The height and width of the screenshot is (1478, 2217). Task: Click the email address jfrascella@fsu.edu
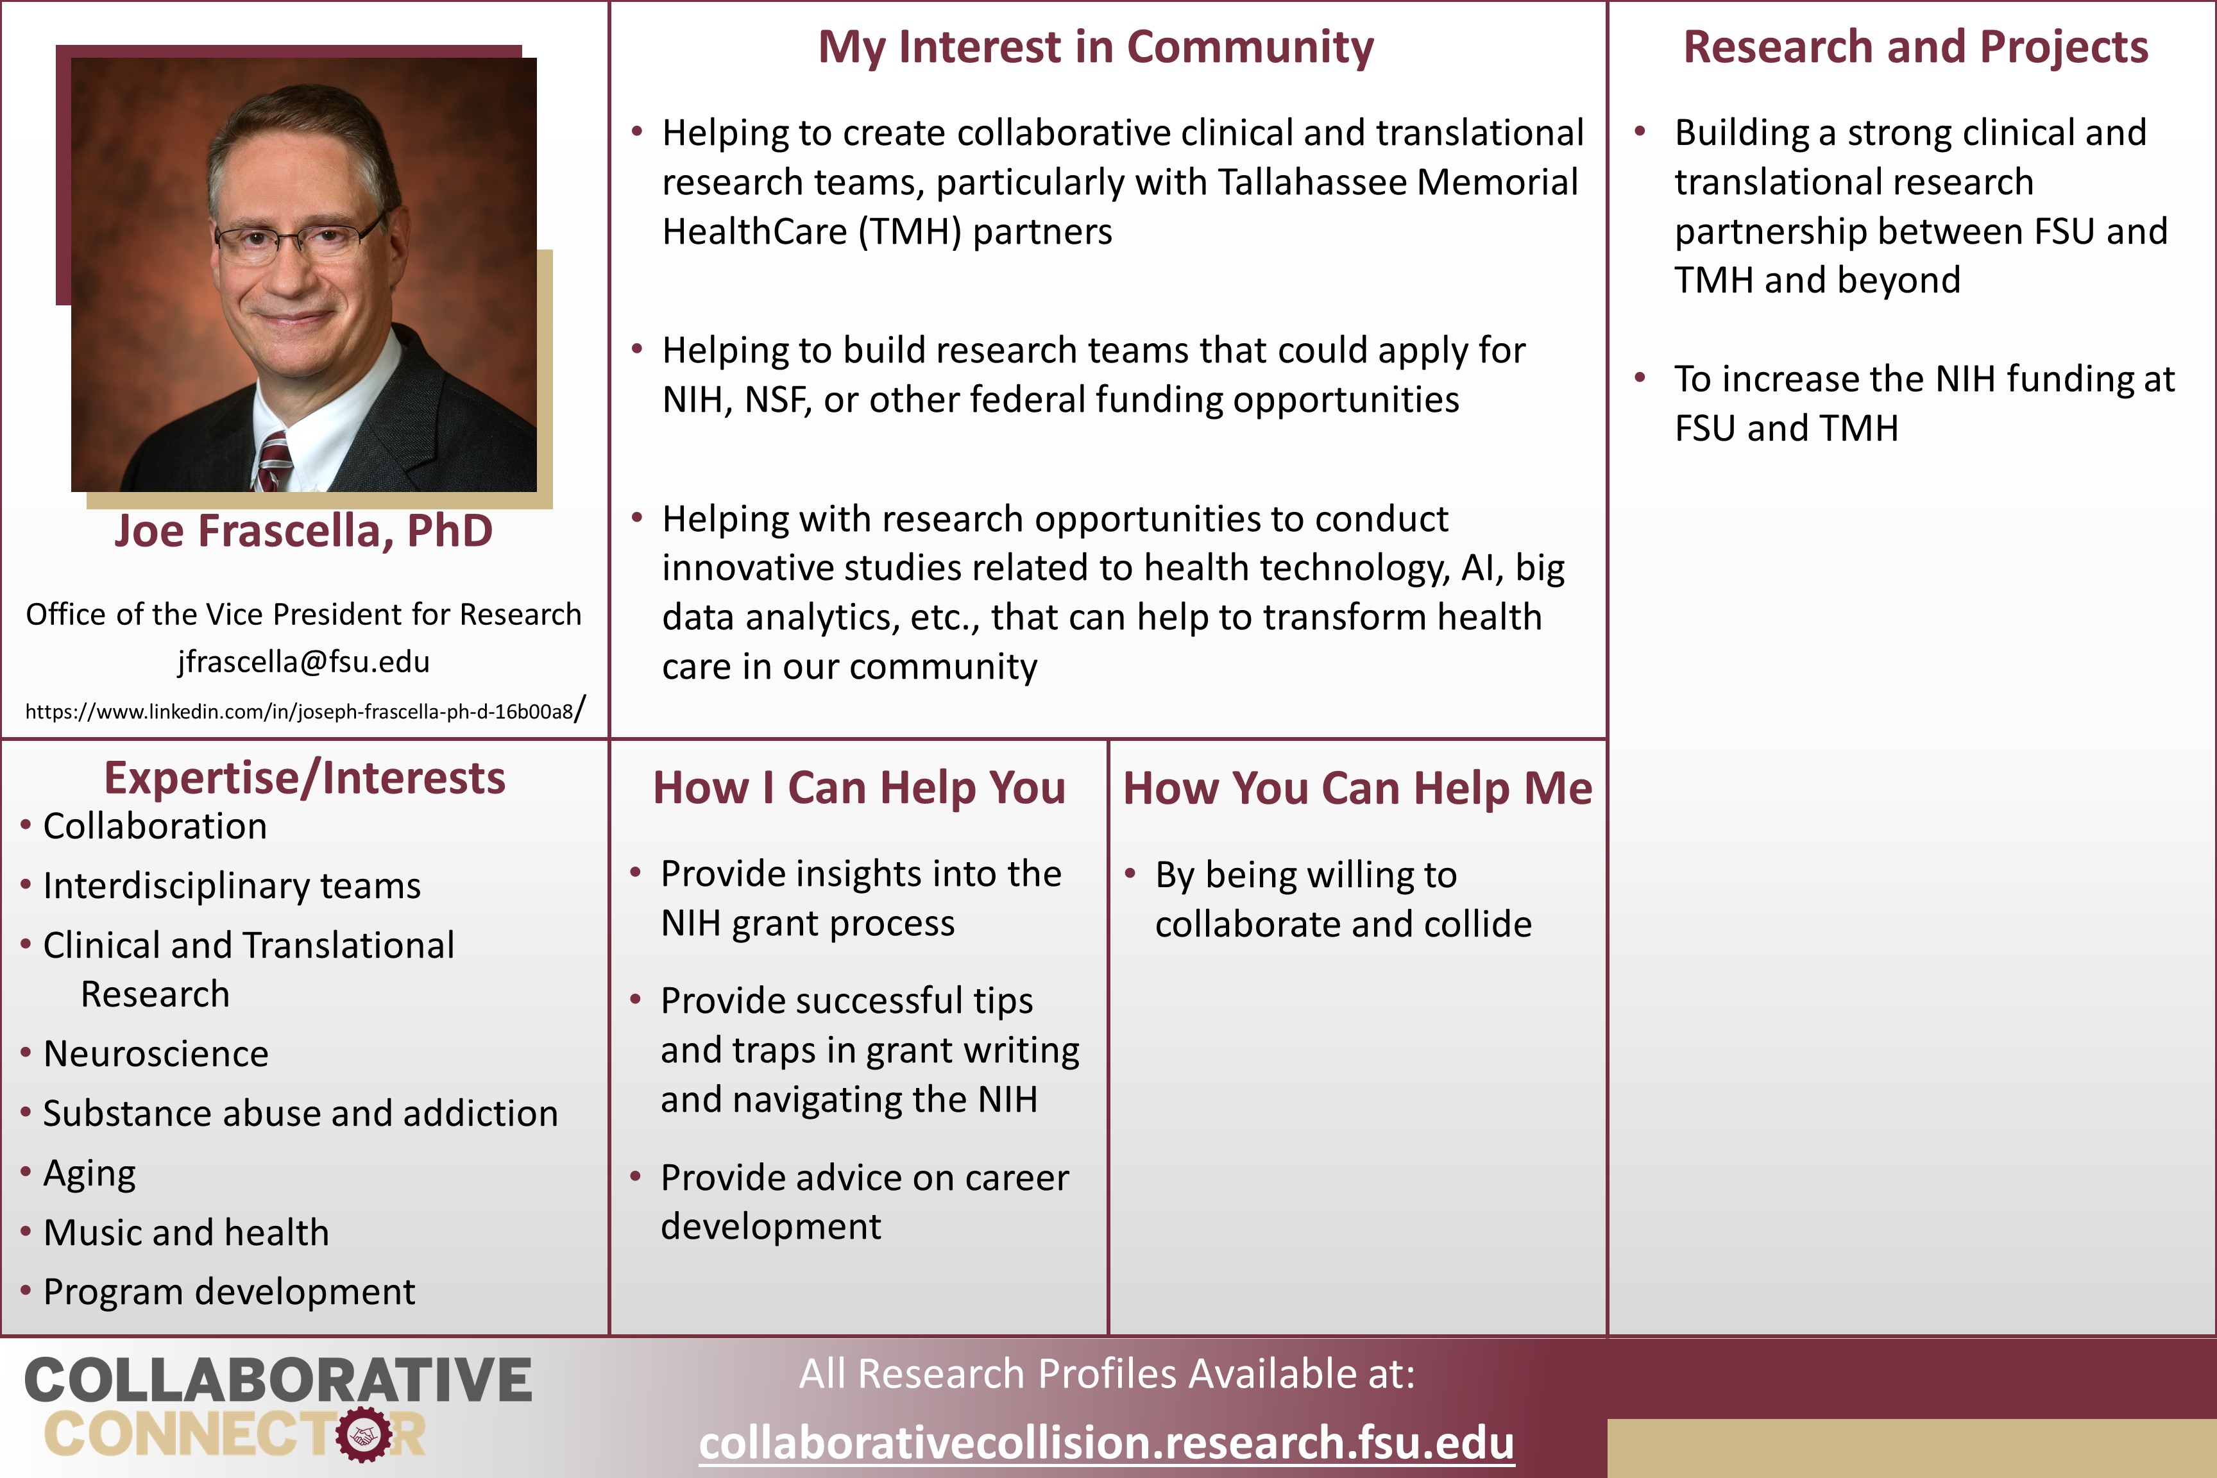[x=303, y=662]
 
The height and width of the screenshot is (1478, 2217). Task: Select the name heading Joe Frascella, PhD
[x=303, y=531]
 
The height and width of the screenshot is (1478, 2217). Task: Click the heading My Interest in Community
[x=1095, y=47]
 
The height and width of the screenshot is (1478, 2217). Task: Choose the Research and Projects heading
[x=1915, y=47]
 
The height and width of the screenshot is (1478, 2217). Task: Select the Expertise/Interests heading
[x=305, y=779]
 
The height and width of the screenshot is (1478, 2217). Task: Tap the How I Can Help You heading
[x=859, y=787]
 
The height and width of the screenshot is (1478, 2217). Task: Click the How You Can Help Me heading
[x=1357, y=787]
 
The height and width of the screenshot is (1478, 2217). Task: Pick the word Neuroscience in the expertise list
[x=155, y=1054]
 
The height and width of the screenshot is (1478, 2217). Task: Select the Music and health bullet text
[x=187, y=1233]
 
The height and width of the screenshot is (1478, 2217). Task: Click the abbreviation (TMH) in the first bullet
[x=910, y=232]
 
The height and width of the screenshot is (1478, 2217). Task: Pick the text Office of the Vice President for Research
[x=303, y=615]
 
